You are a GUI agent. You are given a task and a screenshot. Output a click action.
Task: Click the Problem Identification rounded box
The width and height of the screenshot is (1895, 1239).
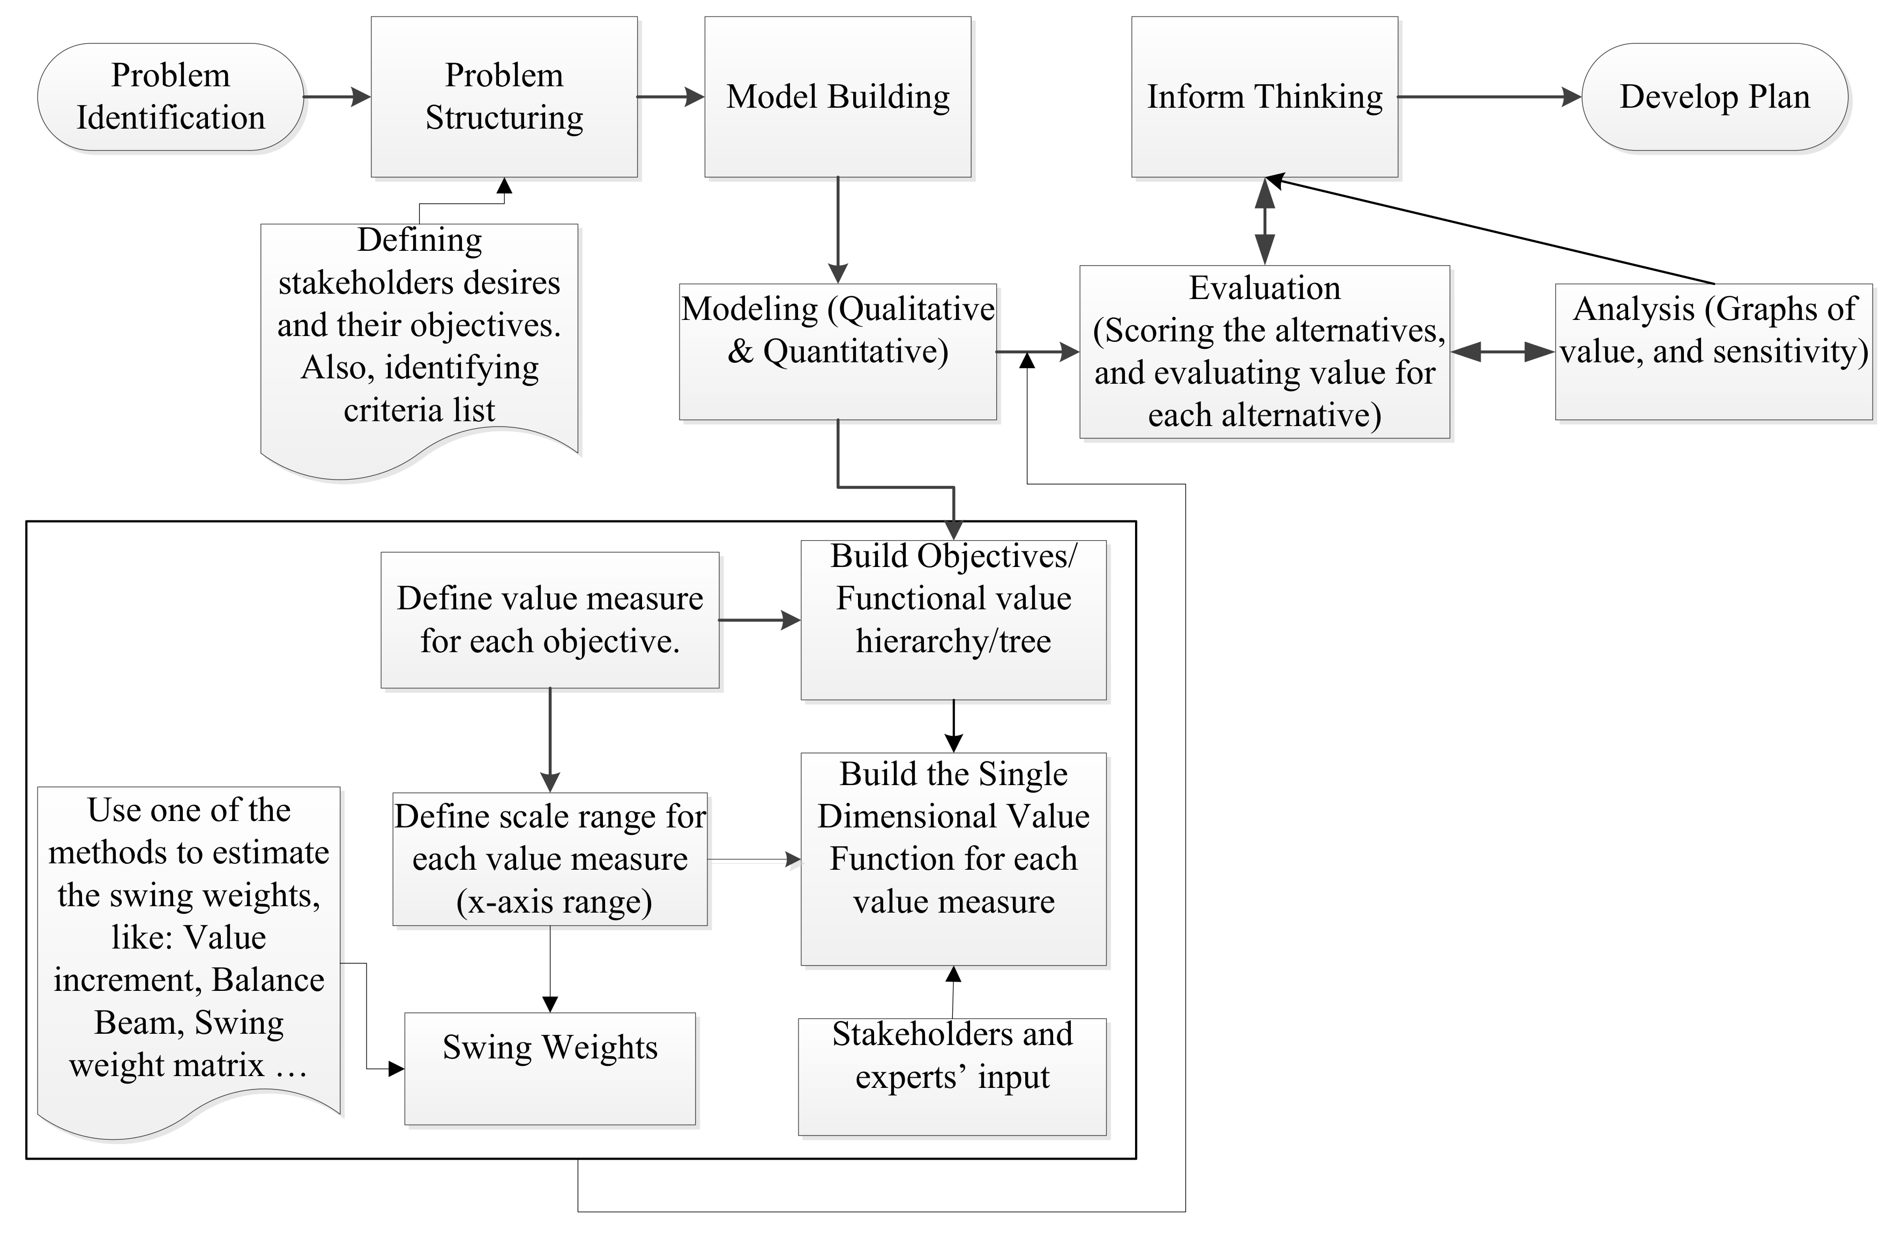click(170, 97)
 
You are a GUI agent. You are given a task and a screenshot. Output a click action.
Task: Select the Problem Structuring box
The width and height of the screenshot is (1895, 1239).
click(504, 97)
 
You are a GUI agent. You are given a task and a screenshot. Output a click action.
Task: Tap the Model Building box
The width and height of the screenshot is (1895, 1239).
click(838, 97)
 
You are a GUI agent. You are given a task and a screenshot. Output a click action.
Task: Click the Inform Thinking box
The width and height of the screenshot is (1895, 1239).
click(1264, 97)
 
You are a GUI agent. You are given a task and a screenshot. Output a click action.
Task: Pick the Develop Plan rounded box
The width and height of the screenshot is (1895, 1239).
click(1714, 97)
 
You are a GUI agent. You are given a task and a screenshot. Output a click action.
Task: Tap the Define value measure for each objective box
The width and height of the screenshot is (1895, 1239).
click(549, 619)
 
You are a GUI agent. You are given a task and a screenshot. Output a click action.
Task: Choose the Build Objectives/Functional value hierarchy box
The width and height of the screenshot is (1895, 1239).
click(953, 619)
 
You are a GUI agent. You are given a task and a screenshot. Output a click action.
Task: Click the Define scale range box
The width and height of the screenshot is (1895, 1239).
click(549, 859)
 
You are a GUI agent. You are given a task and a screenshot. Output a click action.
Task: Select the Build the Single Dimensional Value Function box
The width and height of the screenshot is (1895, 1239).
click(953, 859)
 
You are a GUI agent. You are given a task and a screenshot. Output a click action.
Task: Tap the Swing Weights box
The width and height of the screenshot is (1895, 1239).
click(549, 1068)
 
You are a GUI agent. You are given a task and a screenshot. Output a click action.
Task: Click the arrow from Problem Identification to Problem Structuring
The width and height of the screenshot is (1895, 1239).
click(337, 97)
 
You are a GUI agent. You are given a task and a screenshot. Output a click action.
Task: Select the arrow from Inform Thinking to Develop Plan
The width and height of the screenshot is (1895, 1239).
click(1489, 97)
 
